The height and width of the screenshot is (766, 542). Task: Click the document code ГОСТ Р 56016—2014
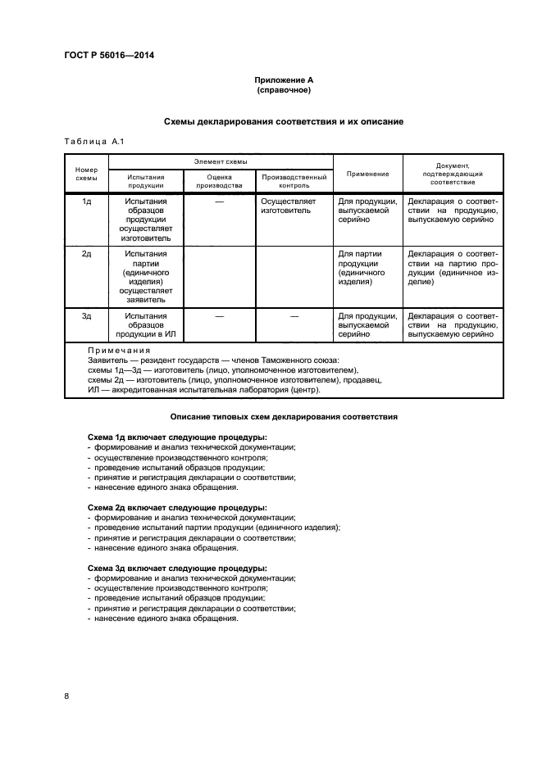click(108, 56)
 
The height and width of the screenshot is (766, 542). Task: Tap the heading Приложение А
click(283, 80)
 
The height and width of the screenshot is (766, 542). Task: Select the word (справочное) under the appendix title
click(283, 90)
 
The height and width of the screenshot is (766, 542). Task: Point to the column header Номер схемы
click(86, 173)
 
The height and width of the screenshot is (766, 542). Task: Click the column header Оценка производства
click(220, 181)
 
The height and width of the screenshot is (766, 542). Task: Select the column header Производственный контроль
click(294, 181)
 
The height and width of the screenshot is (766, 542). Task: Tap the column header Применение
click(368, 174)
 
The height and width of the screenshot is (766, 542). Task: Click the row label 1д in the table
click(86, 201)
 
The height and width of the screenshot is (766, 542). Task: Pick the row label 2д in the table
click(86, 254)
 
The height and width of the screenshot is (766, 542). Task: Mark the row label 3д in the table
click(86, 315)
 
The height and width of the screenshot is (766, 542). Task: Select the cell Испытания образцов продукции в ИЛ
click(146, 324)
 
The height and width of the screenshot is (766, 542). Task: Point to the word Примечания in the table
click(119, 350)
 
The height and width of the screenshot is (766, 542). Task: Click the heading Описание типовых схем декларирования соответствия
click(283, 417)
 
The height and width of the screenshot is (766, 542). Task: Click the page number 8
click(66, 696)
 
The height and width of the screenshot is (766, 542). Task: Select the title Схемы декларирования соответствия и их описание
click(283, 121)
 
